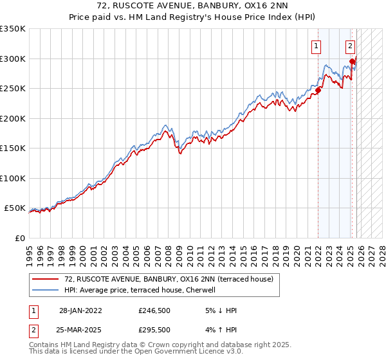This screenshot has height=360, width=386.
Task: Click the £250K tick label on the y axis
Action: click(x=13, y=89)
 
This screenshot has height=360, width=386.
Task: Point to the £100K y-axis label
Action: click(x=13, y=179)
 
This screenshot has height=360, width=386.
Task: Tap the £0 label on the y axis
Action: click(x=19, y=239)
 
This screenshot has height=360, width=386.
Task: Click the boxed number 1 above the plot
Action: click(x=317, y=46)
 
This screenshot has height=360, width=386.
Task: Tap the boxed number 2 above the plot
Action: click(x=350, y=46)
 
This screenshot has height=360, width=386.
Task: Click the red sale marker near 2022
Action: click(x=318, y=91)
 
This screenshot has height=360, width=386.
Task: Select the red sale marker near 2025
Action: click(x=352, y=62)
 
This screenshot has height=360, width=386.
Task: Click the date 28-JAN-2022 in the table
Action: click(x=80, y=310)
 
